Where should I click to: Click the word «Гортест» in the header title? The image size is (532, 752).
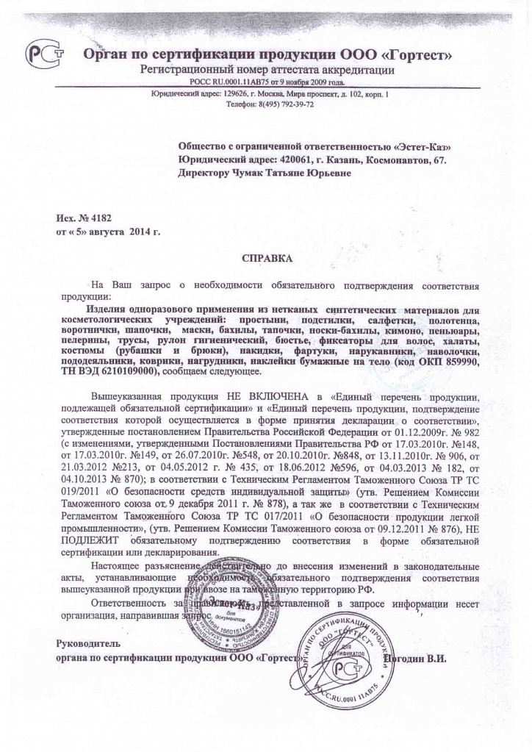(415, 54)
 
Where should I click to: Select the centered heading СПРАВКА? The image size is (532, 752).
(267, 258)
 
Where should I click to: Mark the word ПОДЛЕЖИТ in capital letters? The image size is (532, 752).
(87, 541)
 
